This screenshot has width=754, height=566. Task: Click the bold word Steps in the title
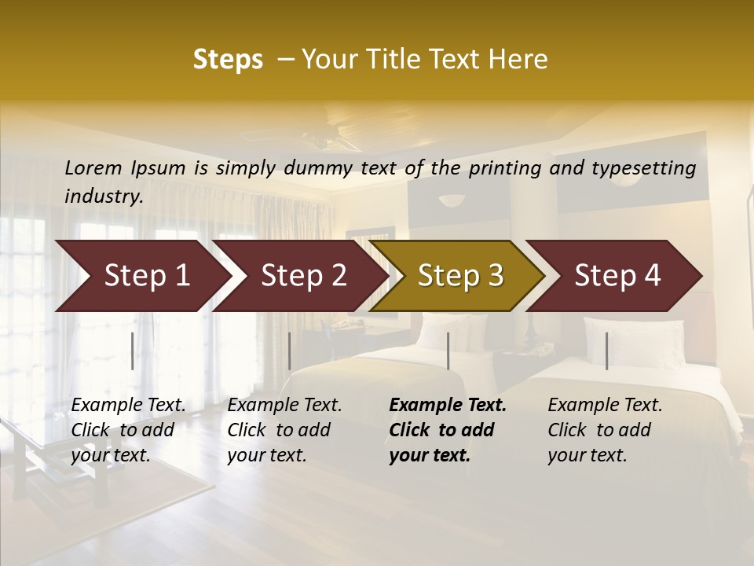[x=228, y=60]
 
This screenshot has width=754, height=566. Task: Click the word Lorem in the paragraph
[x=93, y=167]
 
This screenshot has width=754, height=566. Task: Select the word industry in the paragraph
[x=103, y=196]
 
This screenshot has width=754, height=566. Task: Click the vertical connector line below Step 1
[x=132, y=351]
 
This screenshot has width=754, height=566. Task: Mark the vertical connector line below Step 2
[x=290, y=351]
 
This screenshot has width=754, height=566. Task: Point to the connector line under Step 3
[x=448, y=351]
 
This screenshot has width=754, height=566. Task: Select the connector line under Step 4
[x=606, y=351]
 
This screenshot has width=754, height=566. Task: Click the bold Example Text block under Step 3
[x=448, y=430]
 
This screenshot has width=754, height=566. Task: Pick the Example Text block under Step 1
[x=128, y=430]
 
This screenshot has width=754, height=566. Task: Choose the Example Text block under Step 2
[x=284, y=430]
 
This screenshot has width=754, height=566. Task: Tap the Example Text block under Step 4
[x=605, y=430]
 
